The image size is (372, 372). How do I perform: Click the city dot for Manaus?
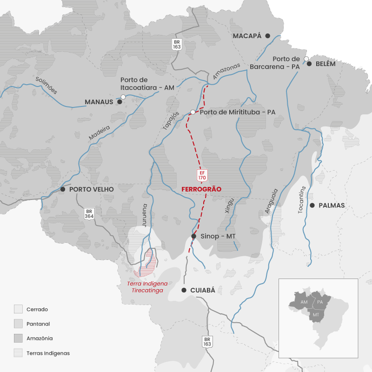click(120, 101)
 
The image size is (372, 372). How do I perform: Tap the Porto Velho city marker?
click(63, 189)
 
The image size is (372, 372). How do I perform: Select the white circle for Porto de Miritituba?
click(193, 112)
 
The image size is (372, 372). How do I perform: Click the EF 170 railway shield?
click(202, 175)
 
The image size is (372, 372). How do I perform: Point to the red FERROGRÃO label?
click(201, 189)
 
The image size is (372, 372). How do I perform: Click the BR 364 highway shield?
click(89, 213)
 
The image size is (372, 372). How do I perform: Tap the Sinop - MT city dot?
click(194, 236)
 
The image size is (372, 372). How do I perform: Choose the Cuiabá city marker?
click(184, 290)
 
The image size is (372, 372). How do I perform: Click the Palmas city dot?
click(312, 205)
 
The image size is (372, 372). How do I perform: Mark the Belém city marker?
click(309, 64)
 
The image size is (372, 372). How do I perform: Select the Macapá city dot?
click(267, 36)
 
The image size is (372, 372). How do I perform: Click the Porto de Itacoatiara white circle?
click(123, 97)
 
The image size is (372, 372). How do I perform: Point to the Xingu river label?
click(227, 206)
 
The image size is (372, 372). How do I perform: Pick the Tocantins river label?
click(303, 200)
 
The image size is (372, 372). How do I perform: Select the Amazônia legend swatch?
click(18, 338)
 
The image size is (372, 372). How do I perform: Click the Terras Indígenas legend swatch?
click(18, 353)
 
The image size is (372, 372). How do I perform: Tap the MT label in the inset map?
click(316, 315)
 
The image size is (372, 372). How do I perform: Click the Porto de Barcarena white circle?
click(306, 58)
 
